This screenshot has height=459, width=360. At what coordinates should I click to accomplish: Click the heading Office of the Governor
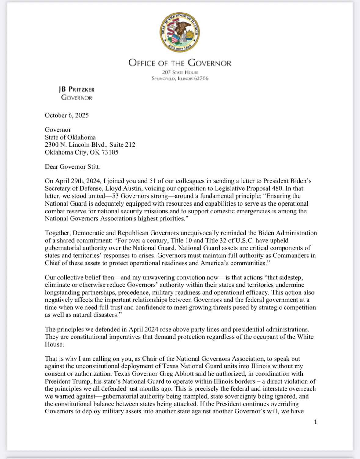tap(180, 63)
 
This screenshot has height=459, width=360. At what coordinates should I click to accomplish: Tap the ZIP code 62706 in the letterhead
tap(201, 78)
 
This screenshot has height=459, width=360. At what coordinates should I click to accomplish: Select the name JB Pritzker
tap(77, 89)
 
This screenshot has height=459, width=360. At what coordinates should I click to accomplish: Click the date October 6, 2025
tap(67, 115)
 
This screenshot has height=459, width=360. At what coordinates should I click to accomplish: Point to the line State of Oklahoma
tap(70, 137)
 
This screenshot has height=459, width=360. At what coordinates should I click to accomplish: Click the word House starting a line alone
tap(54, 344)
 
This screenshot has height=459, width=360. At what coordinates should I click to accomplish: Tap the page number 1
tap(316, 422)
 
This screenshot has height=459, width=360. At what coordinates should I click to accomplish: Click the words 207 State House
tap(180, 72)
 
